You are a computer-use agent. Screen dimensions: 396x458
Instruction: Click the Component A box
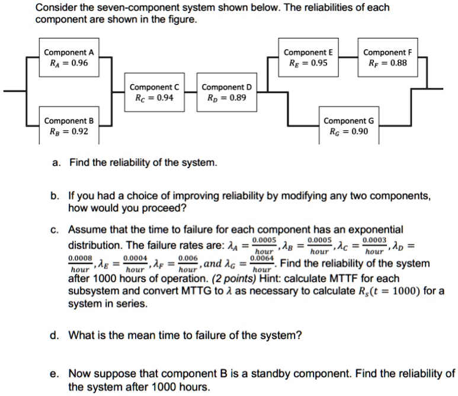(x=69, y=58)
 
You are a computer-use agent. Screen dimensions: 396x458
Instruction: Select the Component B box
(x=69, y=126)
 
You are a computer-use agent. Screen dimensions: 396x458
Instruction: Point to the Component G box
(x=349, y=126)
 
